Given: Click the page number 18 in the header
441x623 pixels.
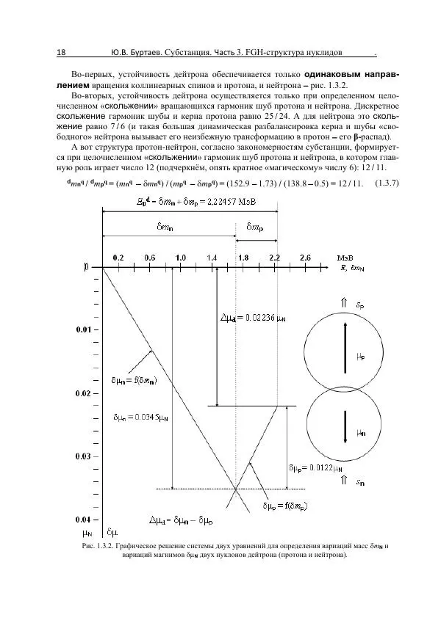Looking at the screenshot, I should (x=61, y=53).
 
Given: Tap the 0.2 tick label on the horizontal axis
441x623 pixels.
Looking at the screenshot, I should (x=118, y=258).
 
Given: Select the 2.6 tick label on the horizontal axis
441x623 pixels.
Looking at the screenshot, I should (x=305, y=258).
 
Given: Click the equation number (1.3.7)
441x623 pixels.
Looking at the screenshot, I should (x=387, y=183).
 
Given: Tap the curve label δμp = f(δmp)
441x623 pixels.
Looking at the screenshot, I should (x=287, y=506).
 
